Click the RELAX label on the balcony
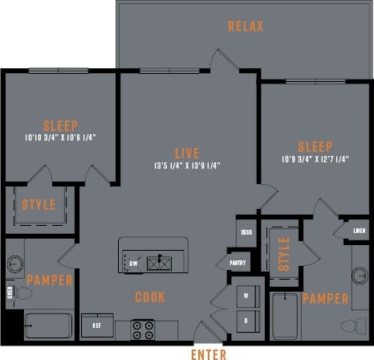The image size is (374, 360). click(x=246, y=27)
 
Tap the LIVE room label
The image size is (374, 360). click(x=188, y=151)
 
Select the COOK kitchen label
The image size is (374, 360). click(x=150, y=297)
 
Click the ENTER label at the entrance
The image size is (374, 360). click(x=208, y=353)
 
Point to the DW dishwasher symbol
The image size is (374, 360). click(x=133, y=263)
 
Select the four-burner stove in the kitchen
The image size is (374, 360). click(x=144, y=329)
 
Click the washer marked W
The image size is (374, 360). click(x=246, y=296)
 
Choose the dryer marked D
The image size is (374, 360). click(x=246, y=320)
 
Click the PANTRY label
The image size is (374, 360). click(x=238, y=262)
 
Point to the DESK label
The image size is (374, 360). click(x=246, y=232)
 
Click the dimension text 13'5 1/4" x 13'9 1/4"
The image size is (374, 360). click(x=188, y=166)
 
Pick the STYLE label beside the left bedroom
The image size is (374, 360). click(x=39, y=205)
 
